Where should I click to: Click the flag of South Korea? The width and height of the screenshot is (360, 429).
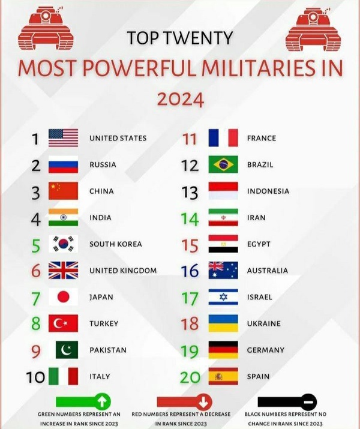(x=63, y=244)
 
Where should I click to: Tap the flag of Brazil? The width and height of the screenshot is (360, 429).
(x=223, y=164)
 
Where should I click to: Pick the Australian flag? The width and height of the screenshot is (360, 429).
(x=223, y=271)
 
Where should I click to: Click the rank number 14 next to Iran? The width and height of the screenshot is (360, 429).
(x=190, y=219)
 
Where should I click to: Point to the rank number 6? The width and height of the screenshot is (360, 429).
(x=36, y=271)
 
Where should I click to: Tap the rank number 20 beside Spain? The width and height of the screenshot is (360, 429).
(x=190, y=377)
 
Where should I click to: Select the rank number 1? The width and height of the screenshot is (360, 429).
(x=35, y=139)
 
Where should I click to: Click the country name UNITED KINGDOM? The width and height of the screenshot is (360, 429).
(x=123, y=271)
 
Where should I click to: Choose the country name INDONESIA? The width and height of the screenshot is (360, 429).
(x=268, y=191)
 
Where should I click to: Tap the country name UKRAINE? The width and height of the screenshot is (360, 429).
(x=264, y=323)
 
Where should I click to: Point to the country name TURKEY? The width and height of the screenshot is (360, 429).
(x=104, y=323)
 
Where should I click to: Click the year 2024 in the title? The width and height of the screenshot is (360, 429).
(x=181, y=99)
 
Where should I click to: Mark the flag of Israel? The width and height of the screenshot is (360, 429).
(x=223, y=297)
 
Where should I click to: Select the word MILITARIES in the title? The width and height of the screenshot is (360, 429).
(x=259, y=68)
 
